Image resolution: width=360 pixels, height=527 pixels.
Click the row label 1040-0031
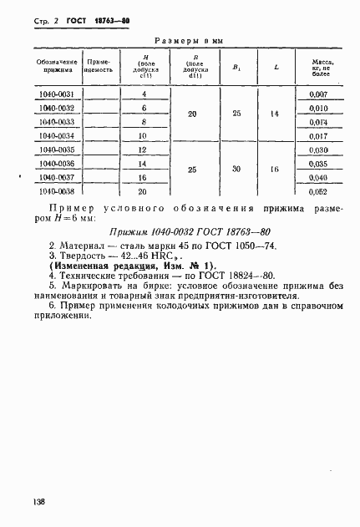point(58,94)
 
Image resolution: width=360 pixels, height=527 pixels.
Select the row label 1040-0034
point(58,134)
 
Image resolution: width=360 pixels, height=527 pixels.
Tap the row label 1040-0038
point(58,190)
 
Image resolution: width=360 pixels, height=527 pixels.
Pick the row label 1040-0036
point(58,164)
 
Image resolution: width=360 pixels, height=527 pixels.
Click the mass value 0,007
point(317,94)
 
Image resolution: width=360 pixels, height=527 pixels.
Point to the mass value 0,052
point(317,190)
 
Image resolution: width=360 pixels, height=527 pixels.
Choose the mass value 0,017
point(317,134)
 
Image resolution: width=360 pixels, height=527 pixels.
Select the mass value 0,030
point(317,149)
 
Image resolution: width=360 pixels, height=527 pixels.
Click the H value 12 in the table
point(143,149)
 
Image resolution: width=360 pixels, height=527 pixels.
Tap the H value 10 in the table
point(143,134)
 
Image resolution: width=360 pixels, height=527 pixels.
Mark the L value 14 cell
point(275,114)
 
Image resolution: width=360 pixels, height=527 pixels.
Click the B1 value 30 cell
point(236,170)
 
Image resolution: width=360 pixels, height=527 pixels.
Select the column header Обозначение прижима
point(58,67)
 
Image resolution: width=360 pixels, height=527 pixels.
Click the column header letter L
point(275,67)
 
